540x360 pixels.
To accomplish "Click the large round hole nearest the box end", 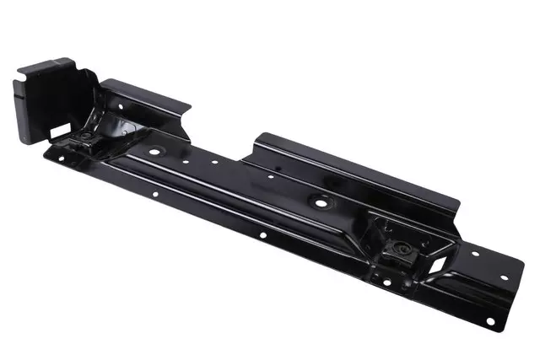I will [155, 152].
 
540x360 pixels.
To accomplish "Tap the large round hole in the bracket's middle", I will [321, 202].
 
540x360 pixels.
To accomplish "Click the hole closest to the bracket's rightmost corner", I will [504, 277].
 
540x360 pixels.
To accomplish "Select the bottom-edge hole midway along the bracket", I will [262, 234].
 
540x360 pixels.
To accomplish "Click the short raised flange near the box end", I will [143, 97].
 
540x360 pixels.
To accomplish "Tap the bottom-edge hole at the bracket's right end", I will [489, 321].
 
